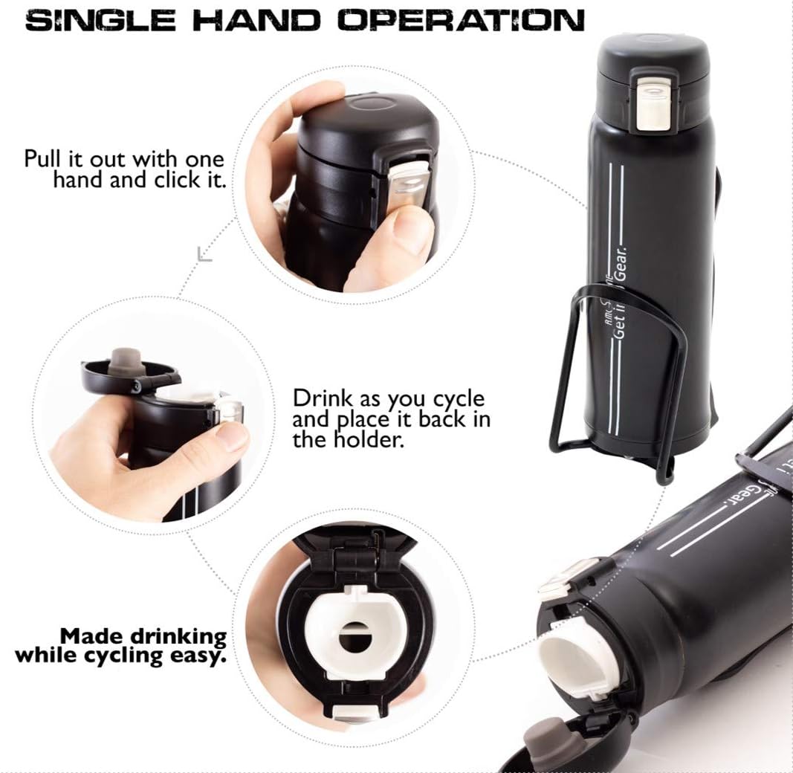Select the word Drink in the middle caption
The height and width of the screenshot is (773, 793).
(320, 399)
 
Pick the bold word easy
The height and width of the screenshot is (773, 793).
(201, 657)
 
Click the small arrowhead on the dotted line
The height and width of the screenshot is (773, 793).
(204, 255)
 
